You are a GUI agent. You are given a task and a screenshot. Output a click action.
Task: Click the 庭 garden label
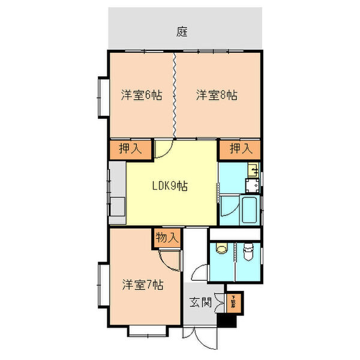[x=182, y=31]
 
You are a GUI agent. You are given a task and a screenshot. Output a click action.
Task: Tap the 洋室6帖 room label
[x=142, y=95]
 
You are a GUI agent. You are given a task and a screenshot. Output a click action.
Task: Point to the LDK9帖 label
[x=169, y=186]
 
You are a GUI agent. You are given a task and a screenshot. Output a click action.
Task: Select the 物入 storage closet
[x=167, y=238]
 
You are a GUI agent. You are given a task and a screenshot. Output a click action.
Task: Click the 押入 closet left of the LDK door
[x=129, y=149]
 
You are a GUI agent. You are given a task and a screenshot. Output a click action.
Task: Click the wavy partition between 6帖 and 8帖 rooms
[x=174, y=95]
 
